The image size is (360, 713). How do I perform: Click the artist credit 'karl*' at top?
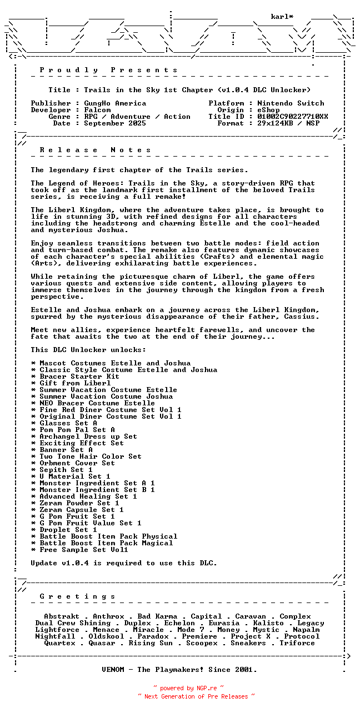pos(282,17)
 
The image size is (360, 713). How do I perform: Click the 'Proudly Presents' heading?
pos(109,70)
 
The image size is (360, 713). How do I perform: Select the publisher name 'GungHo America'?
pos(115,103)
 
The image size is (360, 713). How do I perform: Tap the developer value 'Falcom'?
pos(97,110)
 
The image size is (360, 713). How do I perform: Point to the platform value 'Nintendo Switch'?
pos(291,103)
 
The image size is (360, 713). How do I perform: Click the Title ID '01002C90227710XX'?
pos(293,117)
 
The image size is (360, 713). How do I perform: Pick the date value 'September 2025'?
pos(115,123)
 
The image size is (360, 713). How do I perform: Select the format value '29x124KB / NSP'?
pos(288,123)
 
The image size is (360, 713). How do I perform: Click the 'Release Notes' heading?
pos(96,150)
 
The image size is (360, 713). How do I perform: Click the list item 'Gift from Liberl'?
pos(75,383)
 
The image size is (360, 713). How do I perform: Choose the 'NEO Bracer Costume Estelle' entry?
pos(97,403)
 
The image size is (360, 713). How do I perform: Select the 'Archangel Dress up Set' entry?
pos(88,436)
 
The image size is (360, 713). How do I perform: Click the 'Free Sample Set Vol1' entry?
pos(84,550)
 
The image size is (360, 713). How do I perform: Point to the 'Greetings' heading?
pos(78,596)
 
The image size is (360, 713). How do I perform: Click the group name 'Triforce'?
pos(297,643)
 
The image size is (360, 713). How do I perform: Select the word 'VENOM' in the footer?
pos(115,670)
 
